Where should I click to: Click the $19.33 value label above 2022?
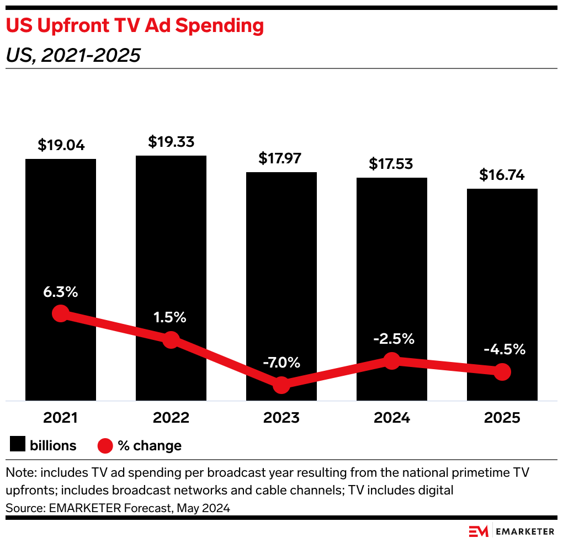(171, 142)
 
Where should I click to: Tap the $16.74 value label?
(502, 175)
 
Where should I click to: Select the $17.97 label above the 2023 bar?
(281, 158)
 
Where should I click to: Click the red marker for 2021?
(61, 314)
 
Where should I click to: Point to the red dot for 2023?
(281, 385)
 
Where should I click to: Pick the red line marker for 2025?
(502, 372)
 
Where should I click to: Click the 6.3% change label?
(61, 292)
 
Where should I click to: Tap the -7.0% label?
(281, 363)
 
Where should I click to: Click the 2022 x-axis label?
(171, 418)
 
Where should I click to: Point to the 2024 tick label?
(392, 418)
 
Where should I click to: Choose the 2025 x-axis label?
(502, 418)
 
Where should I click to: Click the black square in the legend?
(18, 445)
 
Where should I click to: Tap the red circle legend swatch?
(105, 445)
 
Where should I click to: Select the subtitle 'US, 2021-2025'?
(72, 55)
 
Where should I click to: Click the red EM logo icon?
(479, 531)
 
